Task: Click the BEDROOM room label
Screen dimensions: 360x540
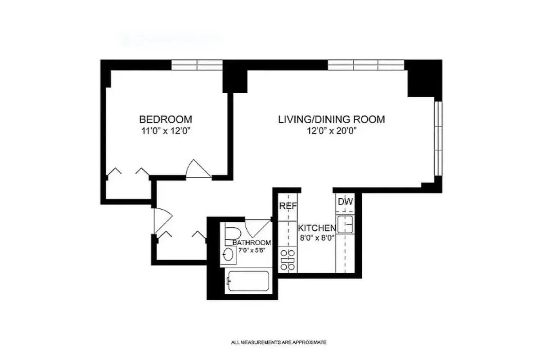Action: (166, 120)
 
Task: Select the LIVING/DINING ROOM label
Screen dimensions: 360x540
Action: (332, 120)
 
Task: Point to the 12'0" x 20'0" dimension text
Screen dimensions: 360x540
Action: (332, 131)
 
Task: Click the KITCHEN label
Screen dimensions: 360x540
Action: (317, 228)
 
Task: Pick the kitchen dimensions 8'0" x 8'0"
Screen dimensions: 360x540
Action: (317, 238)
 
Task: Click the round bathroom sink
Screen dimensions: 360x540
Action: (228, 255)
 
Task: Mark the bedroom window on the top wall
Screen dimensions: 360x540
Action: (197, 65)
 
